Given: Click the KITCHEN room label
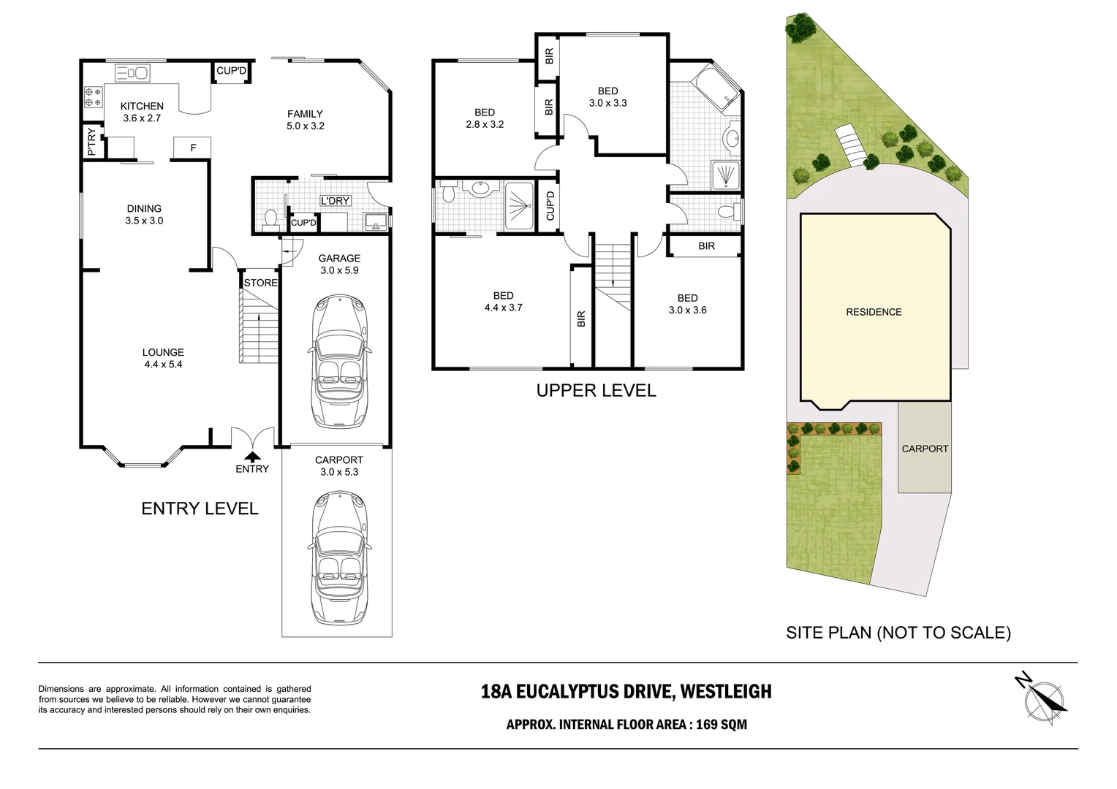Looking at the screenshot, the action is [x=142, y=106].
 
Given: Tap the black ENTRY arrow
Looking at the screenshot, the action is [x=252, y=457].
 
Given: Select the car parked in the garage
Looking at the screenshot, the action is [x=340, y=362].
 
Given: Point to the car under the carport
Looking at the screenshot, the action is [x=340, y=557].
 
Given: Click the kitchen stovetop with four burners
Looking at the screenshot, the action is [x=93, y=97].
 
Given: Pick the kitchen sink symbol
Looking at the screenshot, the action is [x=132, y=73].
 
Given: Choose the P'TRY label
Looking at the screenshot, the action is [x=92, y=142].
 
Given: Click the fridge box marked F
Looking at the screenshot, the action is [x=192, y=148].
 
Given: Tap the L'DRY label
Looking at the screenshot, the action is [x=335, y=200].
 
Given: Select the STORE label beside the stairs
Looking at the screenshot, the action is [x=260, y=283].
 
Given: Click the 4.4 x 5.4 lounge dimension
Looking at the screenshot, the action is [x=164, y=365].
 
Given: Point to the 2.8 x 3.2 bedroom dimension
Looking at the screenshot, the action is [x=485, y=125].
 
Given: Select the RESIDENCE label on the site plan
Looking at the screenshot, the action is [x=874, y=312].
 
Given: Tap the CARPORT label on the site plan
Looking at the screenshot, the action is [x=925, y=449].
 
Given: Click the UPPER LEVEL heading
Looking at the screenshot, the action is [x=596, y=391].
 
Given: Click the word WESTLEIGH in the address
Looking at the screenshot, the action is [x=726, y=692].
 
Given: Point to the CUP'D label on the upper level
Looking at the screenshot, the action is [x=550, y=206].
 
